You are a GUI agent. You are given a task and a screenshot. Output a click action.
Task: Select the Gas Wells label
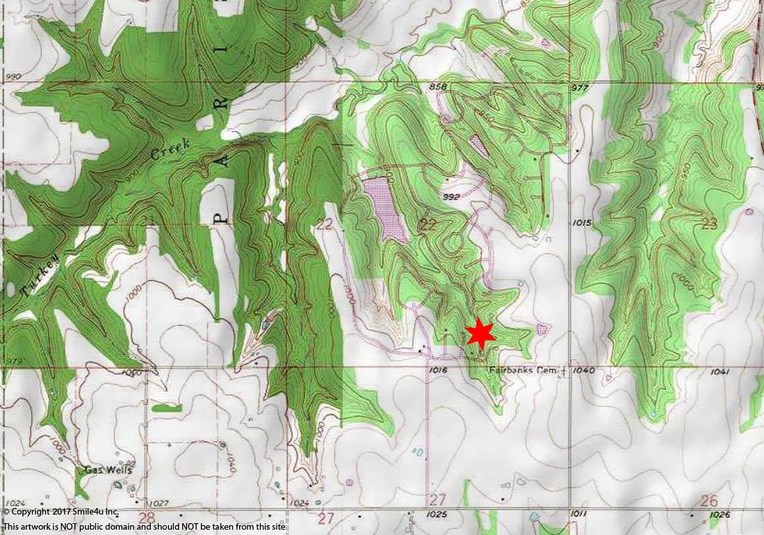point(108,470)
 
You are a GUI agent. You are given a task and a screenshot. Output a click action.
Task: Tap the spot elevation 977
point(580,88)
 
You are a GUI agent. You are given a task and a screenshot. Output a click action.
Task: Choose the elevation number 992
point(451,196)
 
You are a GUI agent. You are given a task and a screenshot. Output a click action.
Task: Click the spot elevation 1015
point(582,223)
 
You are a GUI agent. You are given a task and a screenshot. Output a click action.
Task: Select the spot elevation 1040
point(584,371)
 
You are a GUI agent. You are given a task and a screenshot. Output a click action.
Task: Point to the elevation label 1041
point(720,372)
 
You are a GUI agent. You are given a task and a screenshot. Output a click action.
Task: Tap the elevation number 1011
point(579,513)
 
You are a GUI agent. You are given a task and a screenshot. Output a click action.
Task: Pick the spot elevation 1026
point(720,514)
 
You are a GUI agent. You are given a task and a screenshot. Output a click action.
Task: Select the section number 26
point(709,501)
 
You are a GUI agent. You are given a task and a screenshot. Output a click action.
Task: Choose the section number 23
point(709,223)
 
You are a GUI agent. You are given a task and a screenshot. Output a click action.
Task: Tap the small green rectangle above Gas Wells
point(166,408)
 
